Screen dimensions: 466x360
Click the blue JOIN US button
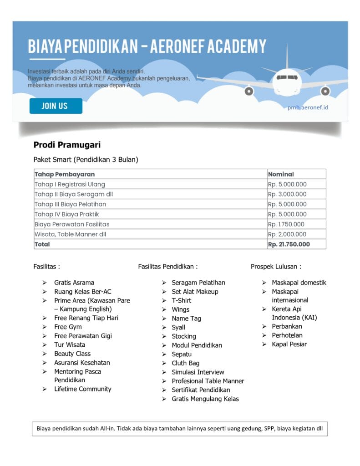[x=56, y=106]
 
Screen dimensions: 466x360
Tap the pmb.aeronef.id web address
[x=308, y=107]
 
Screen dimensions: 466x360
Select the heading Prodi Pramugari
[x=67, y=145]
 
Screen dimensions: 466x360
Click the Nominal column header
[x=281, y=174]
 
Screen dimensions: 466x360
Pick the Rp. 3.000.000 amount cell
[x=287, y=194]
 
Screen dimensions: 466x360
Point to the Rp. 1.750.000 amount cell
[x=286, y=224]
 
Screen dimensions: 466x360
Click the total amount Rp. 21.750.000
[x=289, y=244]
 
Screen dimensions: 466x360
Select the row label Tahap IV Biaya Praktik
[x=67, y=214]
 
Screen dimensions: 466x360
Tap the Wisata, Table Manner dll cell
[x=71, y=234]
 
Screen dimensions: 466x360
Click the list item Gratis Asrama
[x=74, y=283]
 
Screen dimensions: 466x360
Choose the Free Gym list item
[x=68, y=327]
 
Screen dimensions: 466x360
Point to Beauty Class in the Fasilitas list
[x=72, y=354]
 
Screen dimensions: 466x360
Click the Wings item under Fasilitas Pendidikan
[x=181, y=309]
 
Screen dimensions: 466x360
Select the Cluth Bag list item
[x=186, y=363]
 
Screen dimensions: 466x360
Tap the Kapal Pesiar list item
[x=289, y=344]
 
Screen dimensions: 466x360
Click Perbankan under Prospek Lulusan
[x=287, y=326]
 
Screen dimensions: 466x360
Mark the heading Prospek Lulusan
[x=276, y=267]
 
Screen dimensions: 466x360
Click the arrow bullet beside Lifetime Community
[x=45, y=389]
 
